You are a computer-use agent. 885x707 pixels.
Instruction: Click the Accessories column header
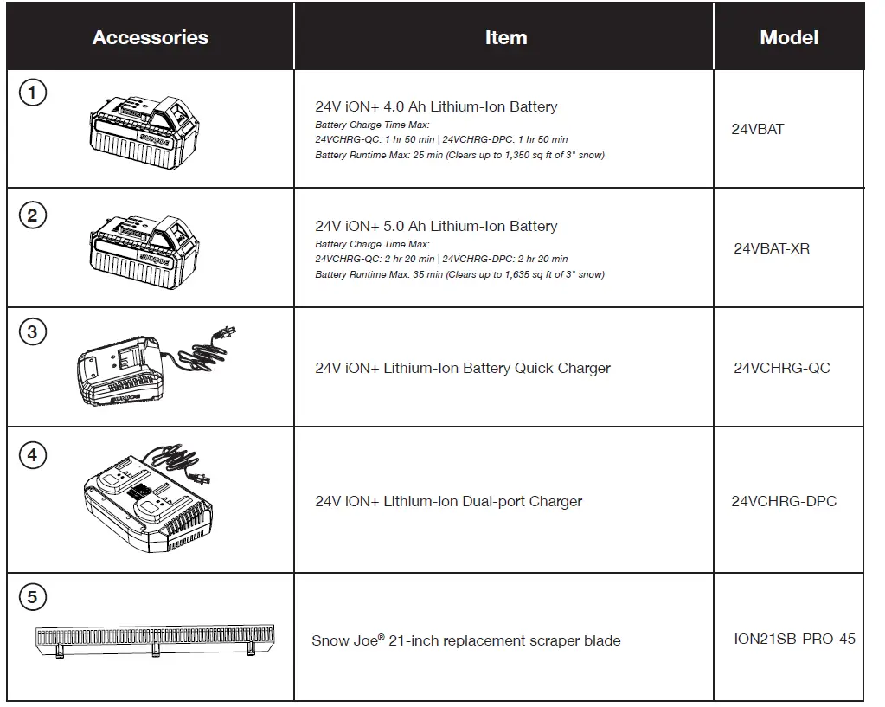[x=151, y=38]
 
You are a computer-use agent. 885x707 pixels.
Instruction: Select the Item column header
[x=505, y=38]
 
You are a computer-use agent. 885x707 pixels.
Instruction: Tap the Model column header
[x=789, y=38]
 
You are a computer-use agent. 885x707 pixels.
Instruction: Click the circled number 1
[x=33, y=93]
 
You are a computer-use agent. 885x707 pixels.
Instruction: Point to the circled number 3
[x=33, y=331]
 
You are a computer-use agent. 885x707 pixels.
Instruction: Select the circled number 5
[x=33, y=597]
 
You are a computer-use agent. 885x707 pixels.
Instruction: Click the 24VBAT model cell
[x=758, y=130]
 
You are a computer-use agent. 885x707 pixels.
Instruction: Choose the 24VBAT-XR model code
[x=772, y=248]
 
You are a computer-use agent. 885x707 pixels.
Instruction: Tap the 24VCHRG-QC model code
[x=781, y=368]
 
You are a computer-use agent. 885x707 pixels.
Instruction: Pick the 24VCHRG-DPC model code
[x=784, y=501]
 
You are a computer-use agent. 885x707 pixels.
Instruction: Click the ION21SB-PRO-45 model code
[x=794, y=639]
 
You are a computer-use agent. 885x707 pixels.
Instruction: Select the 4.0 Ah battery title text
[x=436, y=107]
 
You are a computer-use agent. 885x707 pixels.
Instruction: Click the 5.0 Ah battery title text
[x=436, y=227]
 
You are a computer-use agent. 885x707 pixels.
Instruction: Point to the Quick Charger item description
[x=463, y=369]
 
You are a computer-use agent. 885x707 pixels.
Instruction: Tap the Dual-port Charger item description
[x=448, y=502]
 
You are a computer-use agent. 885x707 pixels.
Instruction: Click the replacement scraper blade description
[x=465, y=641]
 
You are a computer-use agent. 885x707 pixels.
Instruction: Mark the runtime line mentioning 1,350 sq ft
[x=459, y=156]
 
